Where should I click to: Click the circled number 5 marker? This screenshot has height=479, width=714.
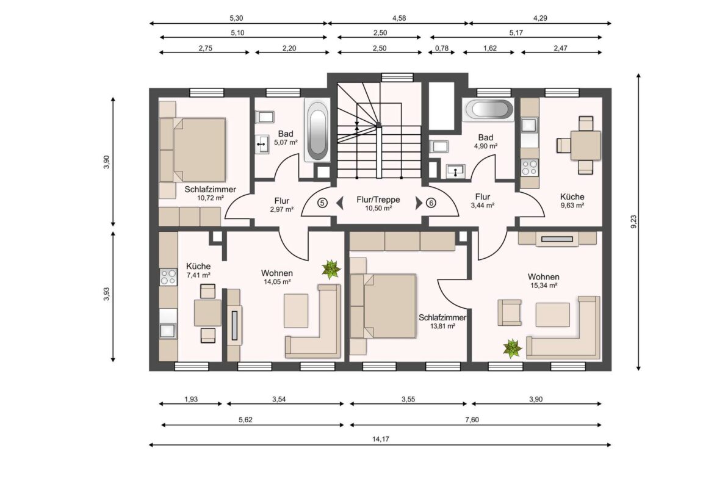tap(323, 203)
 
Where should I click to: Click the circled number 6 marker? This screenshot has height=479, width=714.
tap(431, 203)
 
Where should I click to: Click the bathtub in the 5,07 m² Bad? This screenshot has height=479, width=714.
tap(317, 132)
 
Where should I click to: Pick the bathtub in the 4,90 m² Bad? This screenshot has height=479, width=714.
tap(488, 110)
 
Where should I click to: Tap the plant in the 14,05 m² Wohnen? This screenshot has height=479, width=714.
tap(331, 268)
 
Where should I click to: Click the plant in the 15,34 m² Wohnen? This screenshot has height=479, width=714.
tap(512, 349)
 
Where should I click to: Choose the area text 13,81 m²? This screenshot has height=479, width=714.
tap(443, 326)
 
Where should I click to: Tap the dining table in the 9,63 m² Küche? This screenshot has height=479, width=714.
tap(585, 145)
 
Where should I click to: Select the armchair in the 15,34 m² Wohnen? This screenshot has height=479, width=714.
tap(510, 312)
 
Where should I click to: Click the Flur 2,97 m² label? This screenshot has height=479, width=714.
tap(281, 204)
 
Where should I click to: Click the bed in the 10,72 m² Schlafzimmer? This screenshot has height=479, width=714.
tap(194, 150)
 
